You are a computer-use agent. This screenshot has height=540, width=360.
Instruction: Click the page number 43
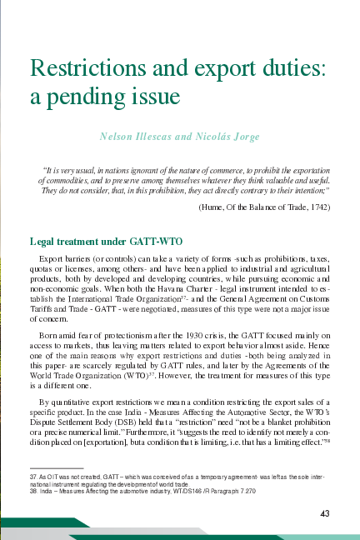click(326, 512)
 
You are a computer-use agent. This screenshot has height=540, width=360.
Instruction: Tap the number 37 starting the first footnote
click(32, 473)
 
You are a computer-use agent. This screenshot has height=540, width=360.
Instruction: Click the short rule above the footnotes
click(57, 467)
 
